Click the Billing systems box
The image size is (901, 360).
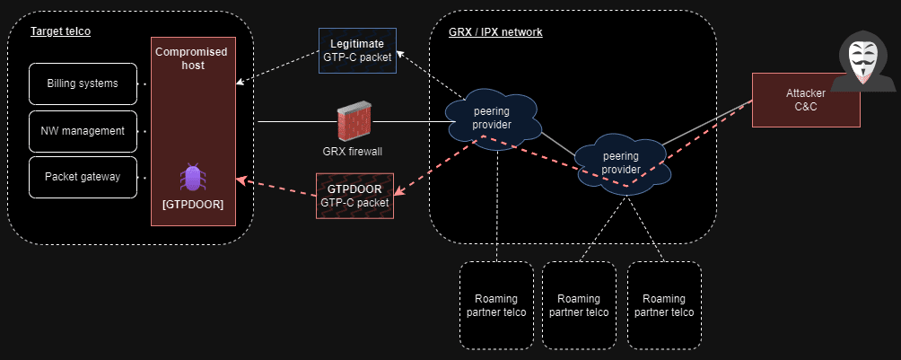coord(83,83)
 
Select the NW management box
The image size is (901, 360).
coord(83,131)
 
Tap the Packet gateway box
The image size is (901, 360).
coord(83,177)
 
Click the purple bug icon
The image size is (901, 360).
coord(192,177)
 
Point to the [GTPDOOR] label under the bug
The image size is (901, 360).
coord(192,204)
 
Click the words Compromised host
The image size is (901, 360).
coord(191,58)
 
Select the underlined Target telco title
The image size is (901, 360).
coord(61,31)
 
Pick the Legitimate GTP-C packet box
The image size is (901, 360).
coord(357,50)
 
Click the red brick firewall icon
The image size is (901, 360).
coord(353,123)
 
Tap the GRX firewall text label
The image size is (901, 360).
coord(353,151)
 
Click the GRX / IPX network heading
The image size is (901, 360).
coord(495,32)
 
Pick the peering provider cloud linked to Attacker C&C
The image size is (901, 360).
coord(621,162)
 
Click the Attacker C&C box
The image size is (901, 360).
coord(805,100)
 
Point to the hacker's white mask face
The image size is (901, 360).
coord(862,61)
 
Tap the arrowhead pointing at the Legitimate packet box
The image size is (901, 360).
coord(400,56)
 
